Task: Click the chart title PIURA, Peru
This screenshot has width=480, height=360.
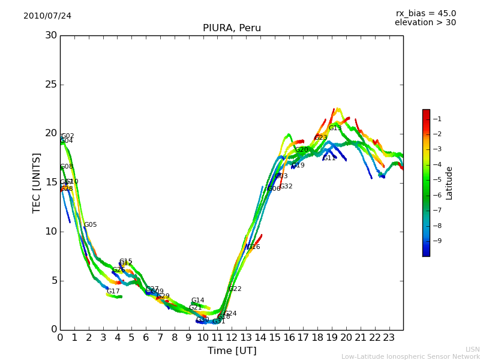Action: [x=232, y=28]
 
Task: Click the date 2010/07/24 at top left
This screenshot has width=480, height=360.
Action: [x=47, y=16]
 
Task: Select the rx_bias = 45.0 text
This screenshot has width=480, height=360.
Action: [x=425, y=13]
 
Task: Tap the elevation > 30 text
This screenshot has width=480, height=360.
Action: [x=425, y=23]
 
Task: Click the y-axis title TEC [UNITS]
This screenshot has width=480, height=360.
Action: [x=37, y=182]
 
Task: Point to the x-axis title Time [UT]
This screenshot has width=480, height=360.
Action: [x=232, y=350]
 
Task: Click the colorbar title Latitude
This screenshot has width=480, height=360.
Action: [x=449, y=183]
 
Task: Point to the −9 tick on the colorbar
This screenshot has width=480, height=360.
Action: [x=437, y=241]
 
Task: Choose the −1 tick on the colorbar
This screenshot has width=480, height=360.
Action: [x=437, y=119]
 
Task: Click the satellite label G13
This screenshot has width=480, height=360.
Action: [x=335, y=128]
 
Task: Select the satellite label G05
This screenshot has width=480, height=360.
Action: [x=90, y=225]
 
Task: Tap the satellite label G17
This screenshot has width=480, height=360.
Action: [x=113, y=292]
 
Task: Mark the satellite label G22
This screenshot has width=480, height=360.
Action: [x=235, y=289]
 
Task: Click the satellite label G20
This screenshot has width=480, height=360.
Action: [x=301, y=150]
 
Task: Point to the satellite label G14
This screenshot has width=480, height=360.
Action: [x=197, y=301]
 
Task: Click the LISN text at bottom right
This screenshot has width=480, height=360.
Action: [x=472, y=349]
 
